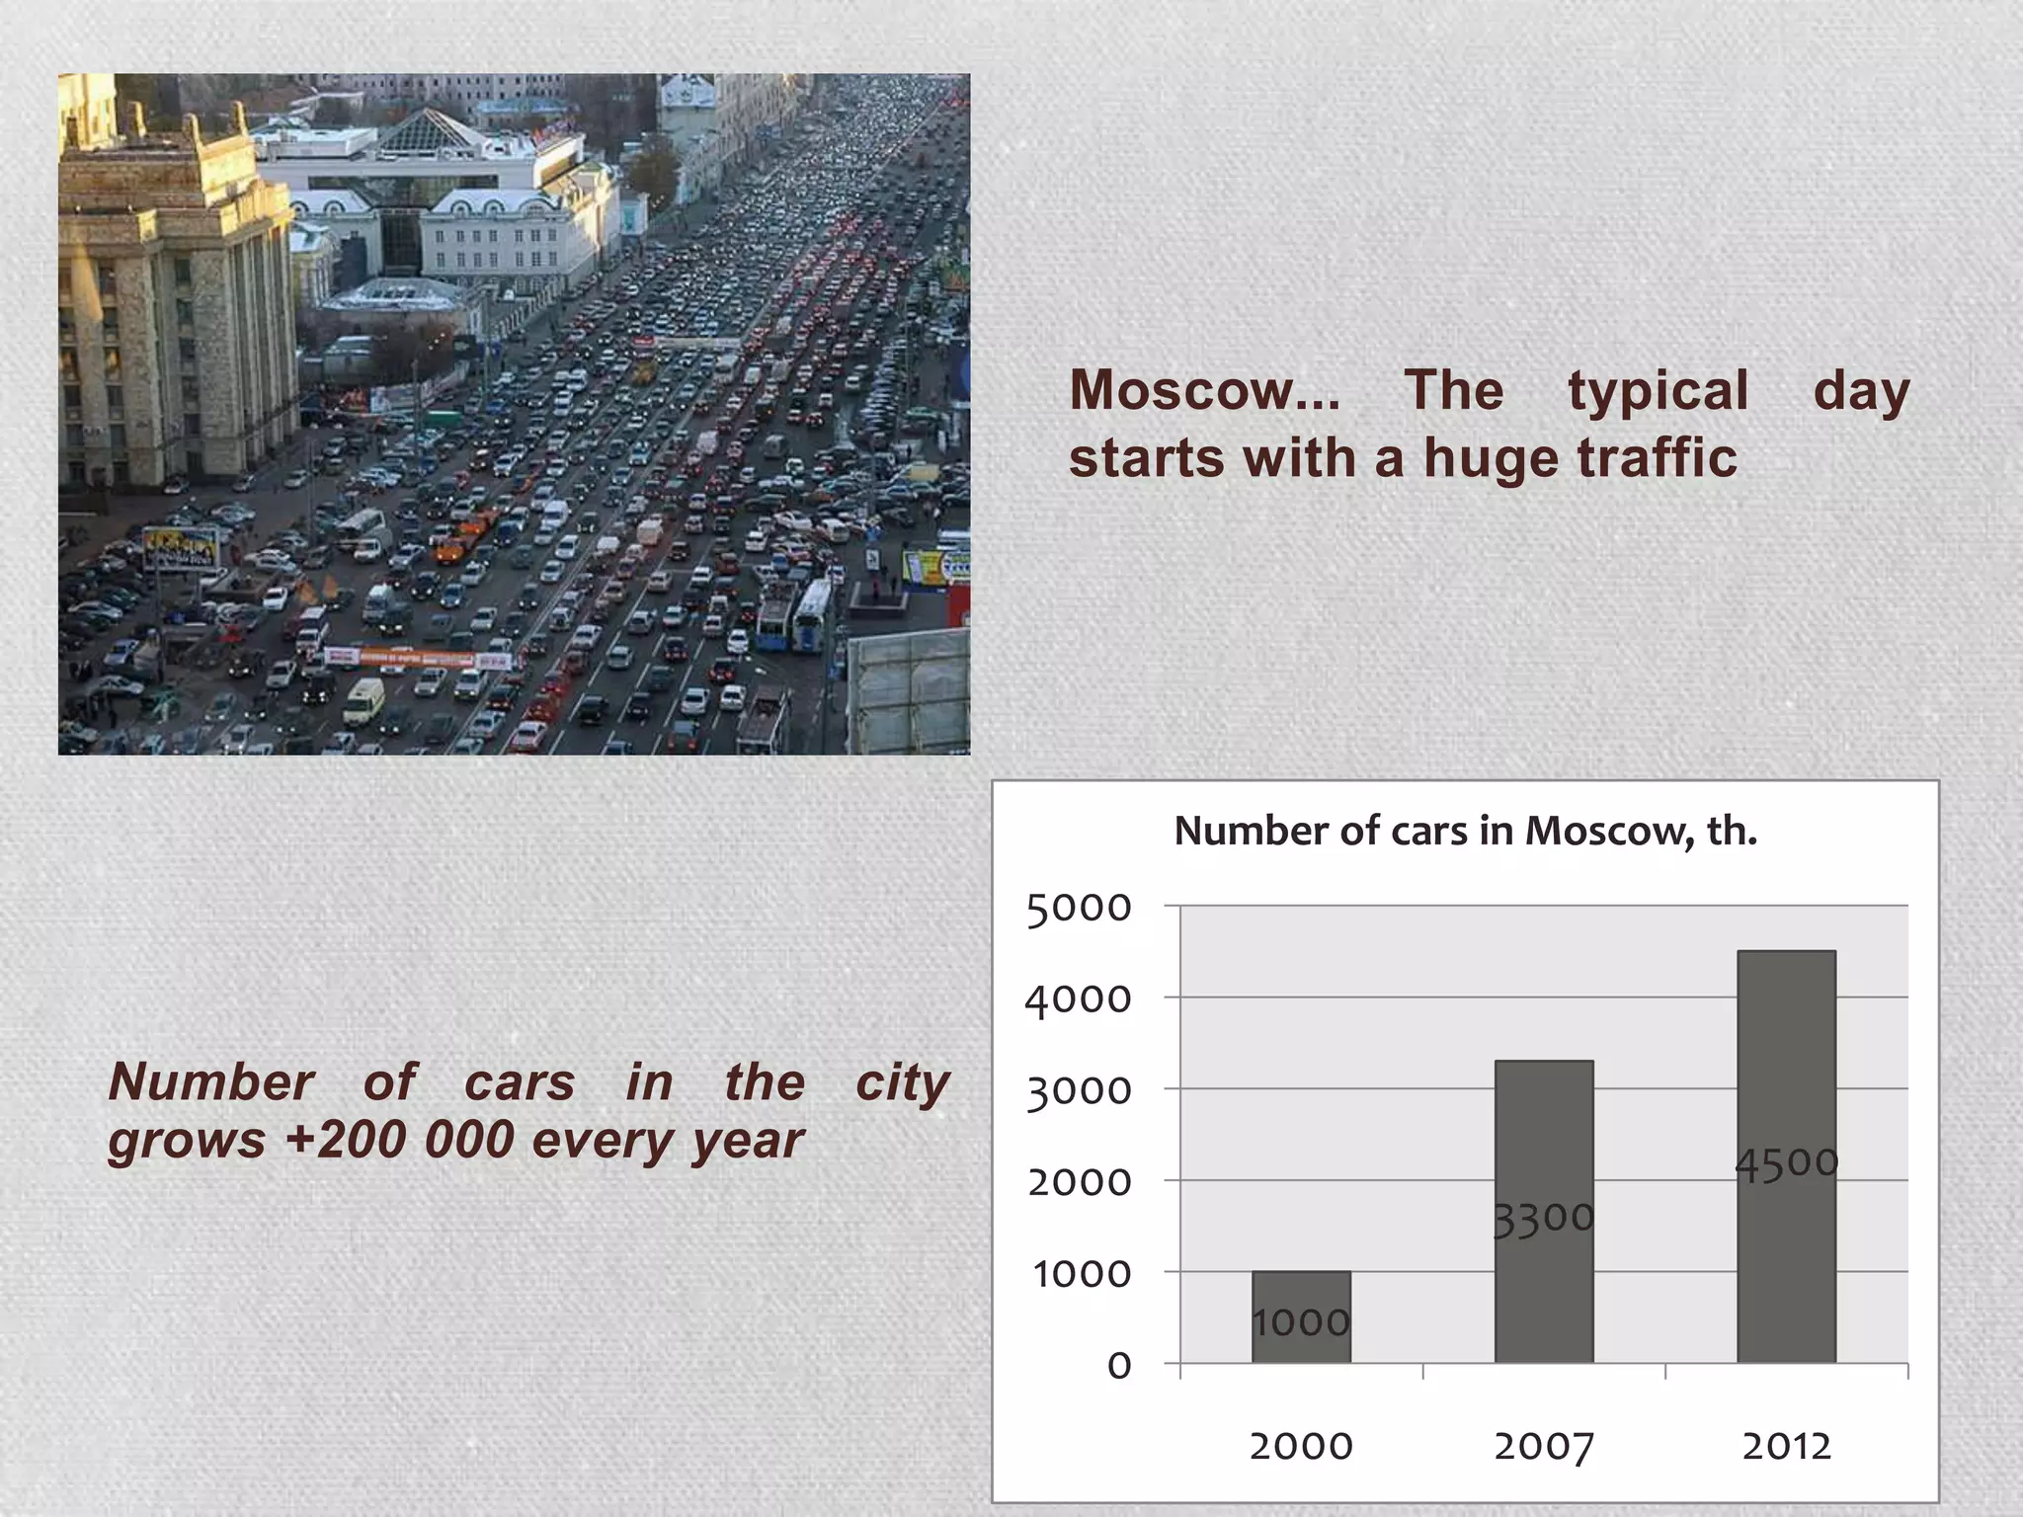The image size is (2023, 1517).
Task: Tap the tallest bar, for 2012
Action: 1786,1156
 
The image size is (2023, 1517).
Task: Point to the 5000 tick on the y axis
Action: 1079,908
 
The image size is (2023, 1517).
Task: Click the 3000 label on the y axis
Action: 1079,1091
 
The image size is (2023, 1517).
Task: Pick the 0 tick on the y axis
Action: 1118,1366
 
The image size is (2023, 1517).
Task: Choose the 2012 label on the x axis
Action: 1786,1447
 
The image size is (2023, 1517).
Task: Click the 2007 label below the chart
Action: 1543,1447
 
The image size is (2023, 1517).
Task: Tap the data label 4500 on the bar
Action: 1786,1163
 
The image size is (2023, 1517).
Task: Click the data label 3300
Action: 1543,1218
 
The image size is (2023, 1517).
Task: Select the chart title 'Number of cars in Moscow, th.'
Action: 1465,832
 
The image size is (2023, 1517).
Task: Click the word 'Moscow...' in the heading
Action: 1204,390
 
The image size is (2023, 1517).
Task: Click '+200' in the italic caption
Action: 346,1140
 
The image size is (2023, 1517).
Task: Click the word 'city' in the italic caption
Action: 902,1082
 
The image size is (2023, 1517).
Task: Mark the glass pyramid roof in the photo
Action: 429,130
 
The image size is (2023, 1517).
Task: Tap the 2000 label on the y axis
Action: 1079,1182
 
